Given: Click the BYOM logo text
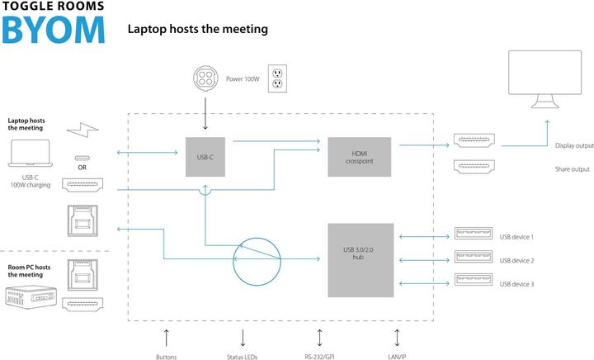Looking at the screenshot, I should point(54,29).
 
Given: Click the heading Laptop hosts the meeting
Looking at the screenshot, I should point(197,29).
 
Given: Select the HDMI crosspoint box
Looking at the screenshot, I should point(359,156).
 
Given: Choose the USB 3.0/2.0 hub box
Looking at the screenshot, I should point(359,258).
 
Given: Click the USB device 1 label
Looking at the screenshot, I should point(516,237).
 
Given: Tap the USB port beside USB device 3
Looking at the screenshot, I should point(474,283).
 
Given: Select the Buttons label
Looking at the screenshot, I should point(166,357).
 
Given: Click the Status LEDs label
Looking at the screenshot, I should point(242,357).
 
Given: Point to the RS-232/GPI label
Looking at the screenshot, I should point(320,357).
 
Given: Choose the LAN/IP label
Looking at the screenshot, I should point(397,357).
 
